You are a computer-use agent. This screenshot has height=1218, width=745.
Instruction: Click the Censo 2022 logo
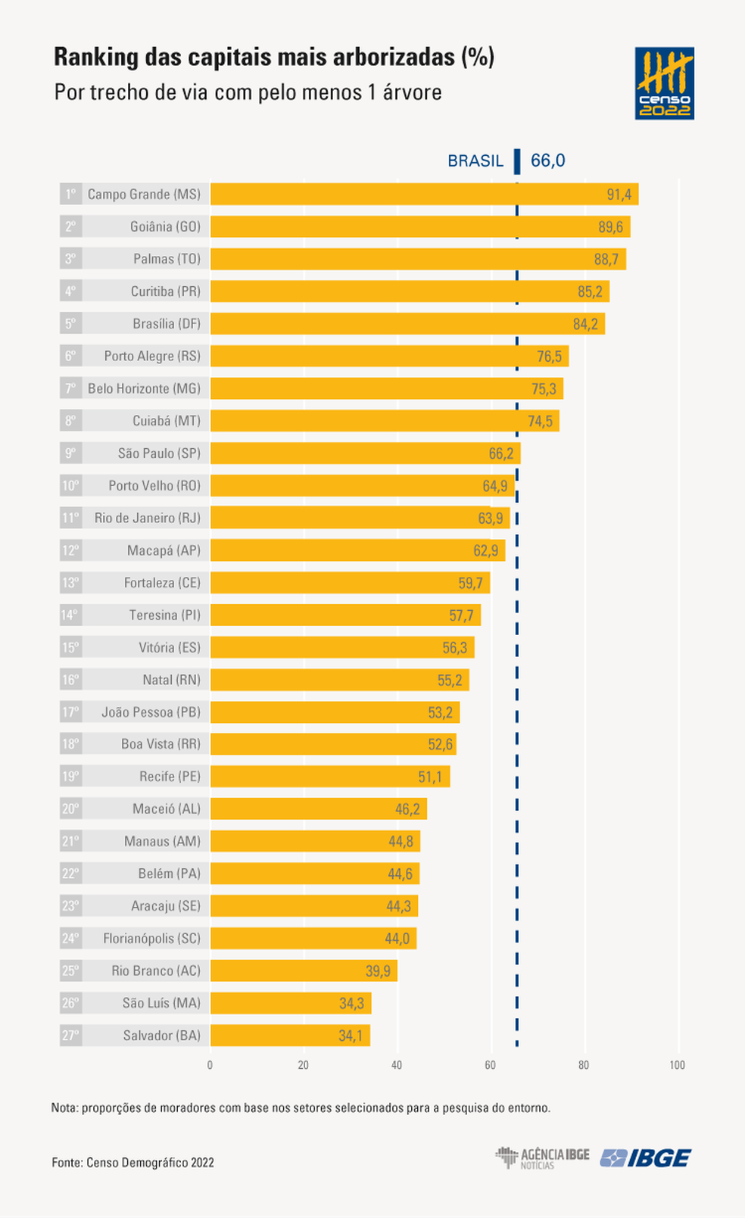pyautogui.click(x=664, y=83)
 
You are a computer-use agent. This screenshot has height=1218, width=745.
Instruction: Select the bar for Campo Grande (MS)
pyautogui.click(x=424, y=194)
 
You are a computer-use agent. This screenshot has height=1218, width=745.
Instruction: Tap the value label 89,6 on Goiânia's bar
pyautogui.click(x=610, y=227)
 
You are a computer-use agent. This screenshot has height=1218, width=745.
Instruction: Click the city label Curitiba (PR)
pyautogui.click(x=165, y=291)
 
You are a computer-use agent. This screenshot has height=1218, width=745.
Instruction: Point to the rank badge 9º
pyautogui.click(x=70, y=453)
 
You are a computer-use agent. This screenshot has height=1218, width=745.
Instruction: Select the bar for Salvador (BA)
pyautogui.click(x=290, y=1035)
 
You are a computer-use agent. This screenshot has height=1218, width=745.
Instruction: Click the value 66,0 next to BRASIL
pyautogui.click(x=547, y=160)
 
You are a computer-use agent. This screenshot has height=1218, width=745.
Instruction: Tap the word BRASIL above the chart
pyautogui.click(x=475, y=160)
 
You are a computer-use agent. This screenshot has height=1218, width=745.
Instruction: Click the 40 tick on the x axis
pyautogui.click(x=397, y=1065)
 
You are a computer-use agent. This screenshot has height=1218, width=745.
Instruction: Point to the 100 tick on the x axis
pyautogui.click(x=677, y=1065)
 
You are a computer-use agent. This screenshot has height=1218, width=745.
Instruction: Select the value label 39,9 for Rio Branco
pyautogui.click(x=378, y=970)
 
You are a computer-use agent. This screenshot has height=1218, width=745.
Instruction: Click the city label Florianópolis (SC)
pyautogui.click(x=151, y=939)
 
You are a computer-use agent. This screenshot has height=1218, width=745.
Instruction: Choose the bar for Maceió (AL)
pyautogui.click(x=318, y=808)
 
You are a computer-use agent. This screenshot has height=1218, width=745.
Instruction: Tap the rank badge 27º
pyautogui.click(x=70, y=1035)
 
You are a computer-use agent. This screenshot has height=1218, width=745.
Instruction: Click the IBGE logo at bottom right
pyautogui.click(x=646, y=1158)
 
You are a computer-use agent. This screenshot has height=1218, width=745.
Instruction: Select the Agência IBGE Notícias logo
pyautogui.click(x=542, y=1158)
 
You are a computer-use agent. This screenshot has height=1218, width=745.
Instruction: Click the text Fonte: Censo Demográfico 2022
pyautogui.click(x=132, y=1163)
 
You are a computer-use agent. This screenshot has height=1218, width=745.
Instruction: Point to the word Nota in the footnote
pyautogui.click(x=64, y=1107)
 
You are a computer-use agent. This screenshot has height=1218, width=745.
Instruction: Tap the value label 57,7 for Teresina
pyautogui.click(x=461, y=615)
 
